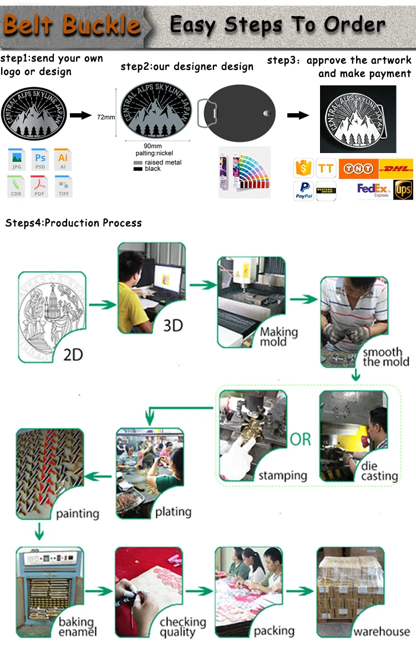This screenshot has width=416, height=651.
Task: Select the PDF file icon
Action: point(40,185)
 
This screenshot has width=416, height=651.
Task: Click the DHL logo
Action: point(397,167)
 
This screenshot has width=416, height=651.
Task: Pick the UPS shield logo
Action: point(403,190)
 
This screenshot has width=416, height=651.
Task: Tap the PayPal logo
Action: point(304,190)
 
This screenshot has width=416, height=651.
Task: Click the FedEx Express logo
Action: point(373,190)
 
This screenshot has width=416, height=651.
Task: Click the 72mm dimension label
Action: point(106,117)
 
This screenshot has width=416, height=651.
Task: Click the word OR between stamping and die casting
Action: point(301,440)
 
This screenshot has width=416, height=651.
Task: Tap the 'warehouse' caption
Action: point(382,632)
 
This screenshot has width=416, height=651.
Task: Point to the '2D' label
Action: point(73,353)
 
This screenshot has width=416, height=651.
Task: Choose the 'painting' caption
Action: point(77,513)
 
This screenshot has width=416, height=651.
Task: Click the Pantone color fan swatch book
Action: point(244,172)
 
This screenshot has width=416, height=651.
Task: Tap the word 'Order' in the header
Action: point(355,24)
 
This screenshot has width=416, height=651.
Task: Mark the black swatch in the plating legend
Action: point(138,169)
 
